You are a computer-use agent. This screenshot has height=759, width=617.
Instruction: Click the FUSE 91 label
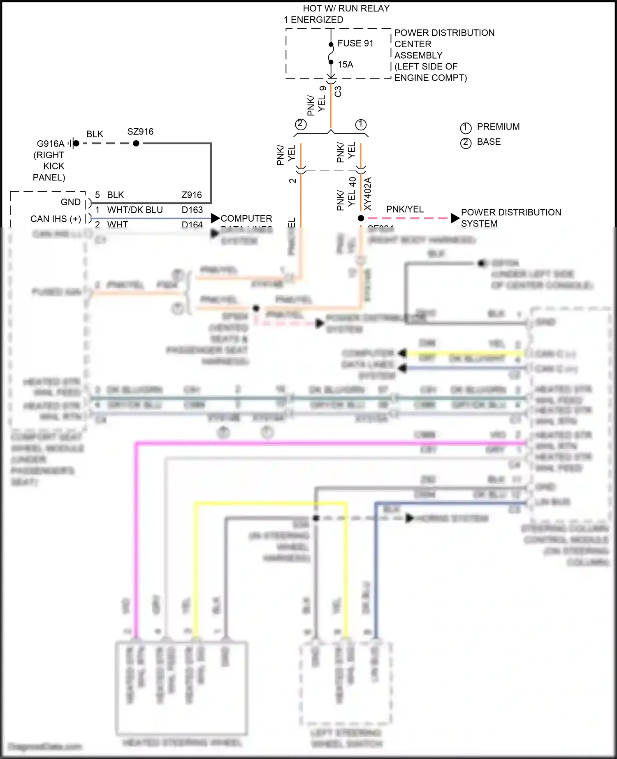pyautogui.click(x=355, y=44)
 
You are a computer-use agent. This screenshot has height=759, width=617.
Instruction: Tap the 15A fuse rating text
pyautogui.click(x=346, y=65)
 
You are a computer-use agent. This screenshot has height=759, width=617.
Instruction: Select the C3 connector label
pyautogui.click(x=338, y=91)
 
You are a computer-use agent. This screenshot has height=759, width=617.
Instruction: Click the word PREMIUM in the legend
pyautogui.click(x=498, y=127)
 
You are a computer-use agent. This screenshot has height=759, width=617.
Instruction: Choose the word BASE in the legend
pyautogui.click(x=489, y=142)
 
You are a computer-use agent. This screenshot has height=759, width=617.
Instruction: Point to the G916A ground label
pyautogui.click(x=51, y=144)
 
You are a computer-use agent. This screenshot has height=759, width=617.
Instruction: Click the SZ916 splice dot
pyautogui.click(x=136, y=143)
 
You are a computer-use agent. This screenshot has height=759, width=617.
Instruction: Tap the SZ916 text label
pyautogui.click(x=140, y=132)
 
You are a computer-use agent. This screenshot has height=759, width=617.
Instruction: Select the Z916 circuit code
pyautogui.click(x=192, y=195)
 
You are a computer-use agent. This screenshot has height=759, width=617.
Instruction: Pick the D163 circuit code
pyautogui.click(x=192, y=210)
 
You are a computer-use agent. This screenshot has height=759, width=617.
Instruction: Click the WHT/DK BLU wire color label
pyautogui.click(x=135, y=210)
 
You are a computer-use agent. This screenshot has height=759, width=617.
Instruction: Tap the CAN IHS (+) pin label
pyautogui.click(x=56, y=219)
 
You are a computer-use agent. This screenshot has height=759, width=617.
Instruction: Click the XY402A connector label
pyautogui.click(x=368, y=193)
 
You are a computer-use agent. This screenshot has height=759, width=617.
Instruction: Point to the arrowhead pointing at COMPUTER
pyautogui.click(x=215, y=218)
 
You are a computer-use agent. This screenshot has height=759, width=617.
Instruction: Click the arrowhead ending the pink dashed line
pyautogui.click(x=455, y=218)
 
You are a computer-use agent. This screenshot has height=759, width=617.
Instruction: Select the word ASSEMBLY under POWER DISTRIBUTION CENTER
pyautogui.click(x=418, y=56)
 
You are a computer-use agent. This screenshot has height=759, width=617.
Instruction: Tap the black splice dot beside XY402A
pyautogui.click(x=361, y=218)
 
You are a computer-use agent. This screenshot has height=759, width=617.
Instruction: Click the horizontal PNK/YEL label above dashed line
pyautogui.click(x=405, y=210)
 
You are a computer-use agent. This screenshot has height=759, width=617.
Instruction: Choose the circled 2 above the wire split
pyautogui.click(x=301, y=124)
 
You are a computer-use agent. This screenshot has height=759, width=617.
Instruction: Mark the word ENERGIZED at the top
pyautogui.click(x=317, y=20)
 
